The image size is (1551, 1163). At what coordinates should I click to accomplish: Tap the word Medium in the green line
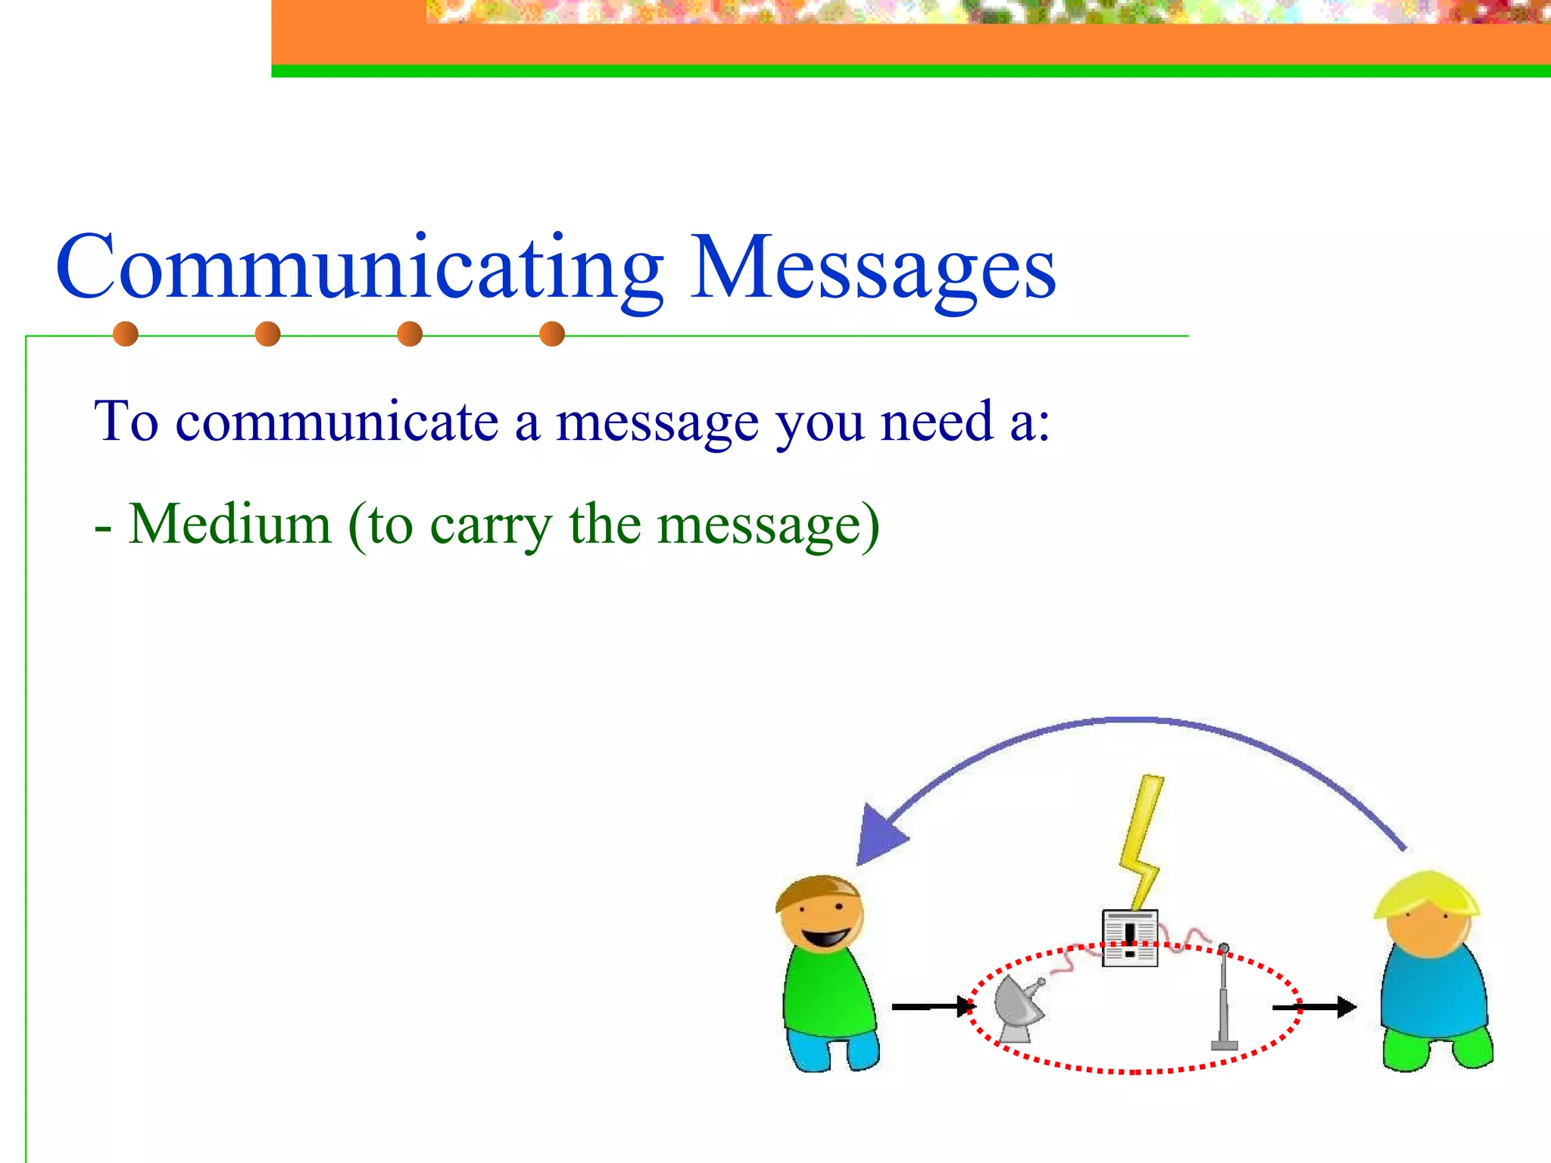(230, 524)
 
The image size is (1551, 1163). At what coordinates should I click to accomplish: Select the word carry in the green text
(491, 525)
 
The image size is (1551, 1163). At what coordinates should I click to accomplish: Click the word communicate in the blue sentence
(337, 422)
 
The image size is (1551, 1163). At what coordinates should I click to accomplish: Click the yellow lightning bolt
(1141, 840)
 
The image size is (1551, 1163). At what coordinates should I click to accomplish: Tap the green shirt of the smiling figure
(827, 992)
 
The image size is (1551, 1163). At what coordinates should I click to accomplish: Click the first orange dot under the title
(126, 334)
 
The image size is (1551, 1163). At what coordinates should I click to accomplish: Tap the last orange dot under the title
(552, 334)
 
